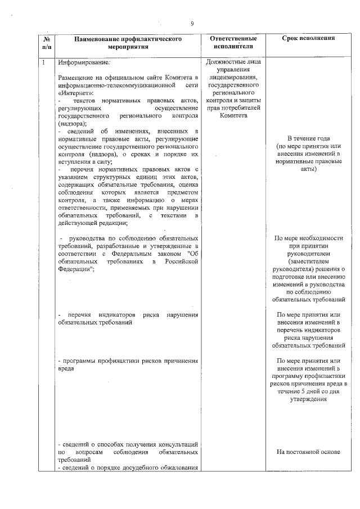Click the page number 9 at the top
tap(192, 24)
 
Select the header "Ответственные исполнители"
tap(233, 43)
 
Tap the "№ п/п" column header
tap(47, 43)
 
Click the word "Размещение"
tap(76, 76)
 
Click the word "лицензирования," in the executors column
tap(233, 77)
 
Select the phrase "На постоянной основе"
tap(309, 452)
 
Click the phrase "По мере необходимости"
tap(309, 238)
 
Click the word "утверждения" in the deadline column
tap(309, 399)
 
